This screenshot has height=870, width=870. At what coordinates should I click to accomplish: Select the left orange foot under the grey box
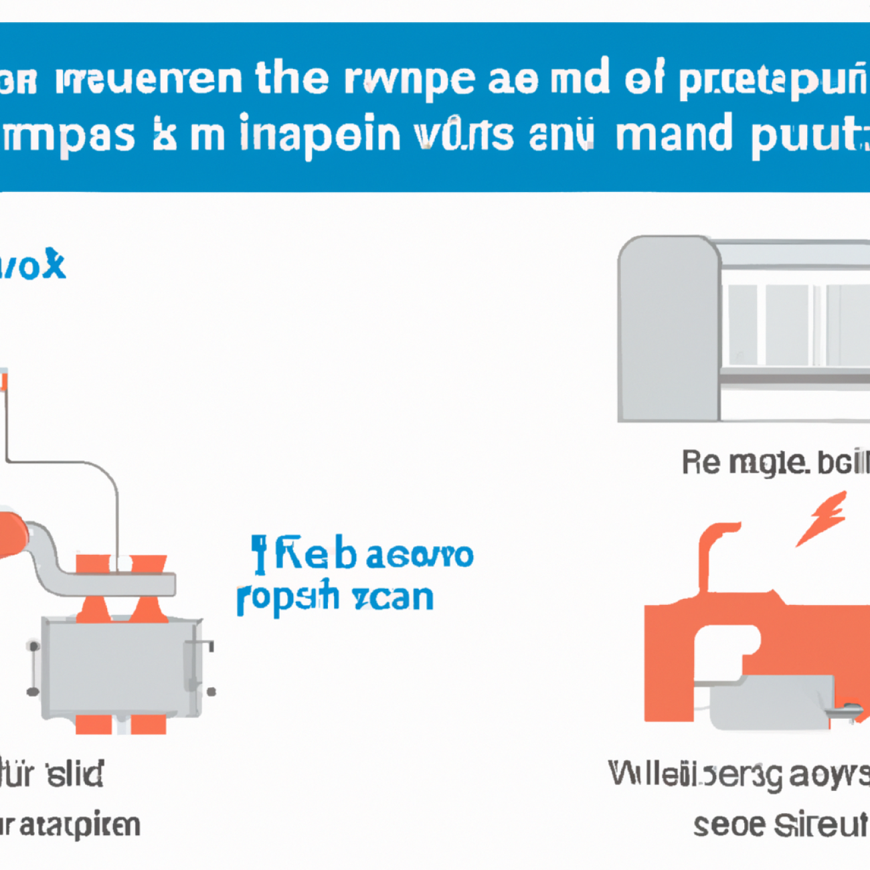pyautogui.click(x=93, y=724)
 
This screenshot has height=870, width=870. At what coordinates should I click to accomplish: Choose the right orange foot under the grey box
pyautogui.click(x=148, y=724)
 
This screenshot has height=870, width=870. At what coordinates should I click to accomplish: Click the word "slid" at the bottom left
pyautogui.click(x=75, y=774)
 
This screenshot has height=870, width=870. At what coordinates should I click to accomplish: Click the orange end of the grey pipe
pyautogui.click(x=12, y=534)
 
